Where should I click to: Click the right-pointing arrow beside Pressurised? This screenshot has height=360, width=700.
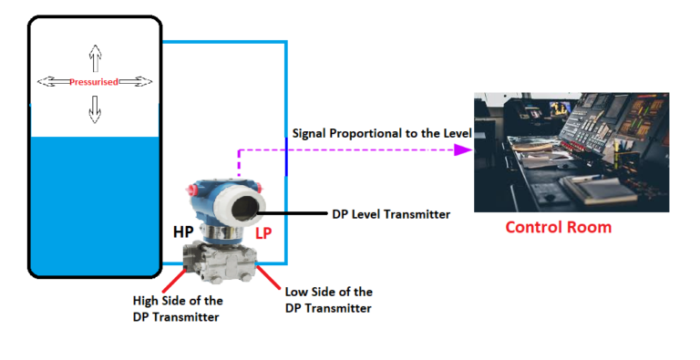click(x=135, y=82)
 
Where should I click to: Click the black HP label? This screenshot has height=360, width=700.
click(x=184, y=232)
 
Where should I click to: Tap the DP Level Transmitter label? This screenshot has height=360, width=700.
click(x=389, y=215)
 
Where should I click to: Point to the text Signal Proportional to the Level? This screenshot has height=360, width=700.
click(x=381, y=134)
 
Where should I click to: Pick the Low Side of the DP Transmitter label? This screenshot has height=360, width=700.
click(x=328, y=299)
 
